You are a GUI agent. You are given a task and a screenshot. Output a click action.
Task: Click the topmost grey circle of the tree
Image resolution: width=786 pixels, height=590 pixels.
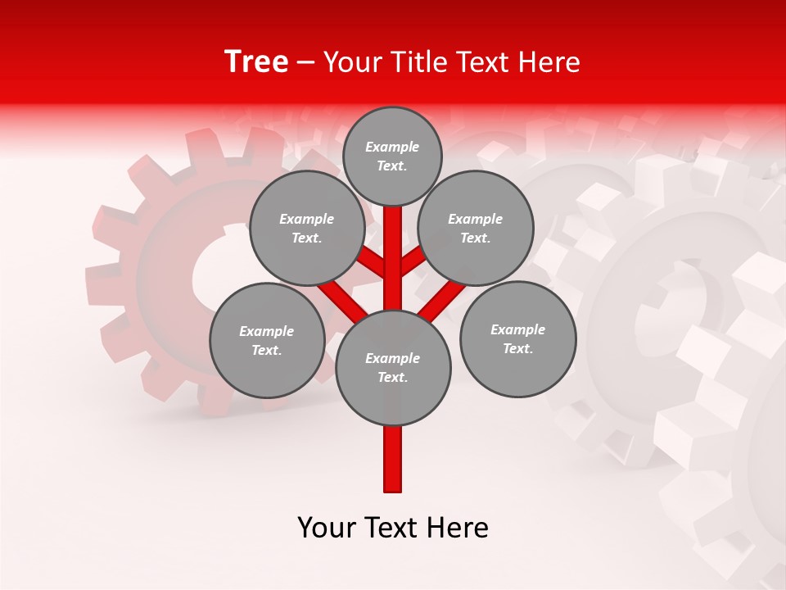pyautogui.click(x=392, y=156)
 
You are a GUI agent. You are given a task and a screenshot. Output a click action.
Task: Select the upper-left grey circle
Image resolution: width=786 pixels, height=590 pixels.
pyautogui.click(x=307, y=228)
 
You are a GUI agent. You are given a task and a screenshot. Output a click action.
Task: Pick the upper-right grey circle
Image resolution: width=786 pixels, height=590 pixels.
pyautogui.click(x=476, y=228)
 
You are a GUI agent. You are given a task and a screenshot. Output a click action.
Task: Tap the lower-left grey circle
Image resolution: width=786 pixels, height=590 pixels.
pyautogui.click(x=267, y=340)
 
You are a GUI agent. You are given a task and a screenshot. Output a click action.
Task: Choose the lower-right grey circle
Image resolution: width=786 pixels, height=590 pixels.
pyautogui.click(x=517, y=338)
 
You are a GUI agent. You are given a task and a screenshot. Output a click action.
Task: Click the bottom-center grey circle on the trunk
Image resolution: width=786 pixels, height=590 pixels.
pyautogui.click(x=393, y=368)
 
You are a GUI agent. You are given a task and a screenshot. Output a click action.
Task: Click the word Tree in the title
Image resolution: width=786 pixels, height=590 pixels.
pyautogui.click(x=256, y=61)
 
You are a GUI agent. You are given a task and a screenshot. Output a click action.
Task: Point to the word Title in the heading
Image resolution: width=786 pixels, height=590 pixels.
pyautogui.click(x=418, y=62)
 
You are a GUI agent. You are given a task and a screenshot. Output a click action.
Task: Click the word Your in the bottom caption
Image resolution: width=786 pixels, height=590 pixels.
pyautogui.click(x=327, y=528)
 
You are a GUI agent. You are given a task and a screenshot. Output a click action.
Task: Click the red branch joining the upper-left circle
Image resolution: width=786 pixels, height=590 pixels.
pyautogui.click(x=371, y=262)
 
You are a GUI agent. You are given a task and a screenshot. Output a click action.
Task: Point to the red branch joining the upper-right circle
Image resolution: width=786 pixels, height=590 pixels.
pyautogui.click(x=413, y=261)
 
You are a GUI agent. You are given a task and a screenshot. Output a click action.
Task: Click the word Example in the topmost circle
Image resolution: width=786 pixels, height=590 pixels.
pyautogui.click(x=392, y=147)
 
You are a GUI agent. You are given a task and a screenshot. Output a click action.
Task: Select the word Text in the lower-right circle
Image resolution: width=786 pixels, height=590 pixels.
pyautogui.click(x=517, y=348)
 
